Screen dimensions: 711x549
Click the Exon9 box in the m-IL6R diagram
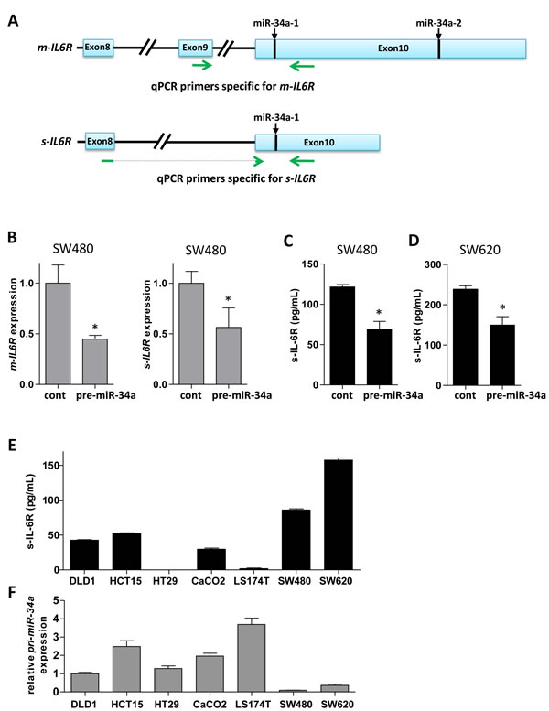coord(194,48)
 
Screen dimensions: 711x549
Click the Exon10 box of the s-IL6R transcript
coord(318,143)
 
